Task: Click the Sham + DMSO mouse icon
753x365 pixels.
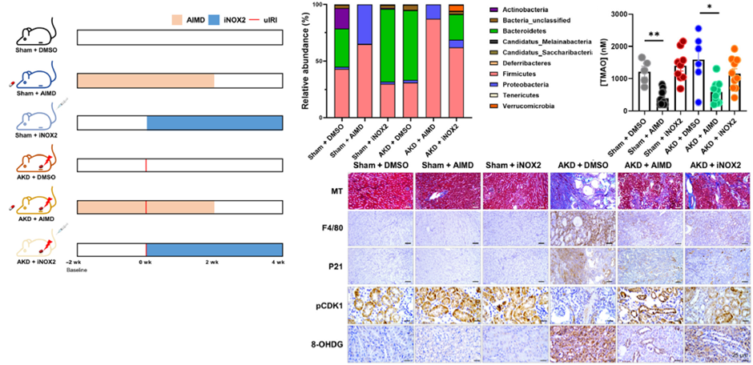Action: tap(33, 32)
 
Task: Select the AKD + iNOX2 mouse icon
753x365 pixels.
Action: tap(33, 248)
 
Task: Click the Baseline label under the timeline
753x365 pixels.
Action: tap(76, 270)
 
